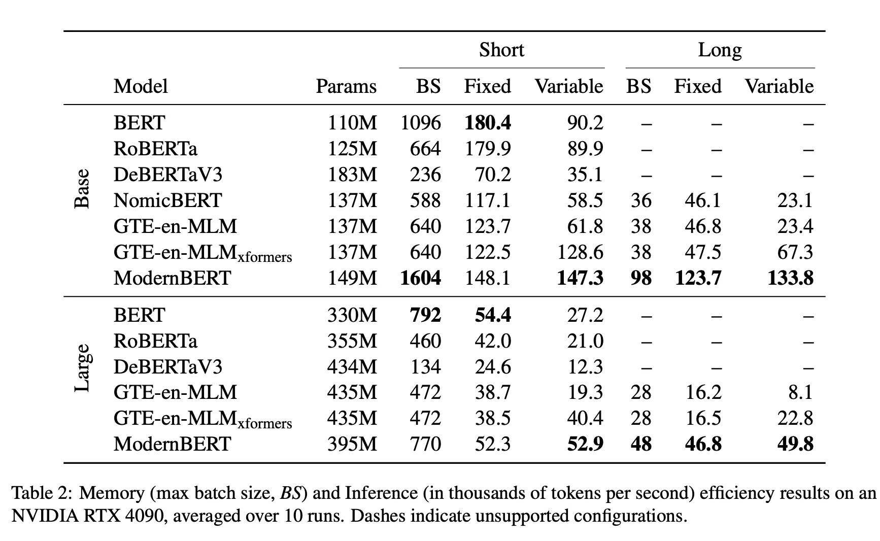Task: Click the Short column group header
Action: [x=501, y=50]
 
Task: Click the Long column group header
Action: [x=720, y=50]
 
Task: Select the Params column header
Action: [x=346, y=86]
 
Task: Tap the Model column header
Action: [x=141, y=86]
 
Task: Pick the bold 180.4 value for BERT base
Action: [x=488, y=123]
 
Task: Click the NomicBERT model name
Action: [x=167, y=200]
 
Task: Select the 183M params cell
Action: [x=352, y=175]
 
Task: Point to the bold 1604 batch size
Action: [x=420, y=278]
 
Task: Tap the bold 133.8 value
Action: [x=790, y=278]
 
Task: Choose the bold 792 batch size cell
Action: [x=425, y=315]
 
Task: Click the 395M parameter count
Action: [x=352, y=444]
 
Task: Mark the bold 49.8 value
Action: [x=795, y=444]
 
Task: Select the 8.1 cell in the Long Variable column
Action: [x=800, y=392]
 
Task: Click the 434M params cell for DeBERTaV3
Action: [x=352, y=367]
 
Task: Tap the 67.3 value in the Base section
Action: [x=795, y=252]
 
